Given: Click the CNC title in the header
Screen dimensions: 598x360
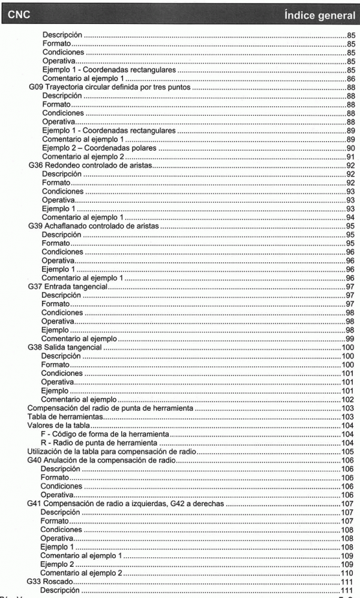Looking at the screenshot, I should (19, 13).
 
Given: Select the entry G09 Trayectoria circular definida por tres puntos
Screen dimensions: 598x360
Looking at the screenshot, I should (110, 87).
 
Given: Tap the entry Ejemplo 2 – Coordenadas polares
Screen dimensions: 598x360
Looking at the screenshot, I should (99, 148).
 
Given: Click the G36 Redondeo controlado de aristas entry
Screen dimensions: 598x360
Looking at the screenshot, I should (91, 165).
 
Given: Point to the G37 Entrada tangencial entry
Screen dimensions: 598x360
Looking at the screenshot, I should (67, 286).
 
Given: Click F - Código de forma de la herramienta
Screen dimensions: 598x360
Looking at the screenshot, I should (106, 434).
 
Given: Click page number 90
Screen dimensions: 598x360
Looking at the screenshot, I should (350, 148).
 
